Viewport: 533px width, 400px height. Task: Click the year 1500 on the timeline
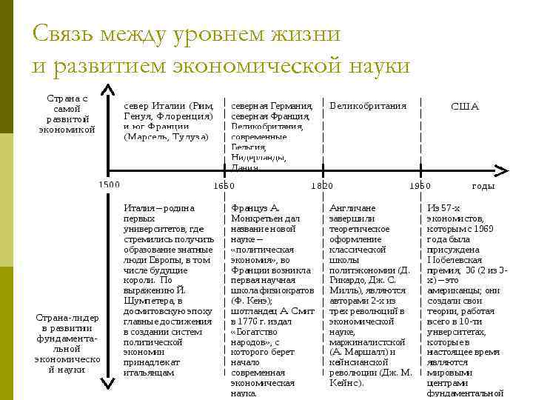click(x=109, y=184)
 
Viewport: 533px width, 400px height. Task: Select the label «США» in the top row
click(x=465, y=106)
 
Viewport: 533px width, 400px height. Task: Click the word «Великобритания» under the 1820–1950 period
click(x=367, y=105)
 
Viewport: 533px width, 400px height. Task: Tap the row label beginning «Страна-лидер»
click(x=67, y=344)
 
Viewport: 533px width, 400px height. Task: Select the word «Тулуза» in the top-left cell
click(x=190, y=136)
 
